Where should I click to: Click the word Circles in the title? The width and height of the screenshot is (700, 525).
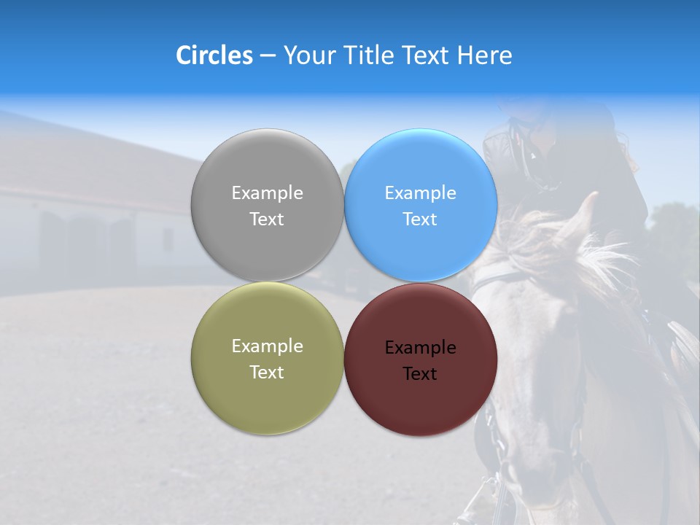[x=214, y=55]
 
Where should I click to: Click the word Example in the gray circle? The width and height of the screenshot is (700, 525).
[x=267, y=193]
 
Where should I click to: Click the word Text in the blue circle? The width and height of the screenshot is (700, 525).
[x=420, y=219]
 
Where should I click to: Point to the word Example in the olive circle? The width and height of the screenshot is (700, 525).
[x=267, y=346]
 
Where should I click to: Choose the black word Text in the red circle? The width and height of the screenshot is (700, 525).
[x=420, y=374]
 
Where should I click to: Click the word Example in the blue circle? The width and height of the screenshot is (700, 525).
[x=420, y=193]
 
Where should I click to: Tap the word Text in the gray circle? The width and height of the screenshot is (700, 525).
[x=267, y=219]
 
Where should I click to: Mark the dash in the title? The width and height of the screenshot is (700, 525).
[x=267, y=55]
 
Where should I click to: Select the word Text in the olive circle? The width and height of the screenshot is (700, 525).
[x=267, y=373]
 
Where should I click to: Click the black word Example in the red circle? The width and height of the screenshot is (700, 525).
[x=420, y=348]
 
